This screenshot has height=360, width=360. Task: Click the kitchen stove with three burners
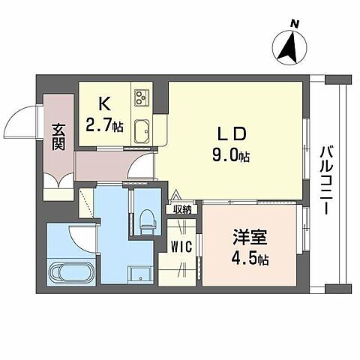[142, 98]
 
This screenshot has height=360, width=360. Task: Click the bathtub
[72, 271]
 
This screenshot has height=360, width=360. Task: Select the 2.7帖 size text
[105, 124]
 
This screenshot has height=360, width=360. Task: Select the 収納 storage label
[182, 210]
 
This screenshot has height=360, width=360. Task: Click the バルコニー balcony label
[327, 180]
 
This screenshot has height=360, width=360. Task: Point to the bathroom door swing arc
[82, 239]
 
